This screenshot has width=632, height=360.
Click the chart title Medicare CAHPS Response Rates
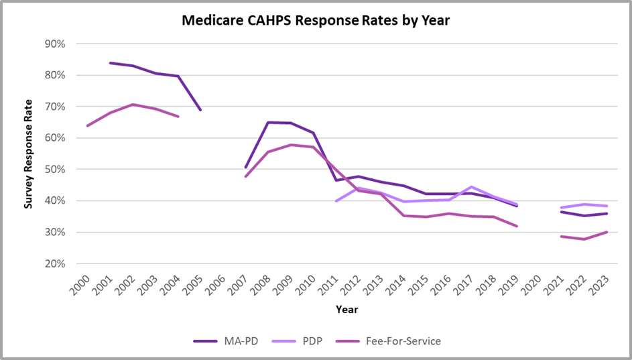[x=316, y=21]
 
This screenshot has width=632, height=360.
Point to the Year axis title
[x=346, y=310]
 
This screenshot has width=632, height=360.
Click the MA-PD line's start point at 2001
[x=110, y=63]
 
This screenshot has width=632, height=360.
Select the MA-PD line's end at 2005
[x=200, y=110]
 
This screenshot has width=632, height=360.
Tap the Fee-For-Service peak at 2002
[x=133, y=105]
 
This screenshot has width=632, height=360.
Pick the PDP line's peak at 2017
[x=472, y=187]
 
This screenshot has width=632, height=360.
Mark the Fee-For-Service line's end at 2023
[x=607, y=232]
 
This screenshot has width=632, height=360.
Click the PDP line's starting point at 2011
[x=336, y=201]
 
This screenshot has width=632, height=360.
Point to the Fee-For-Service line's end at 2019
[x=517, y=227]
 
